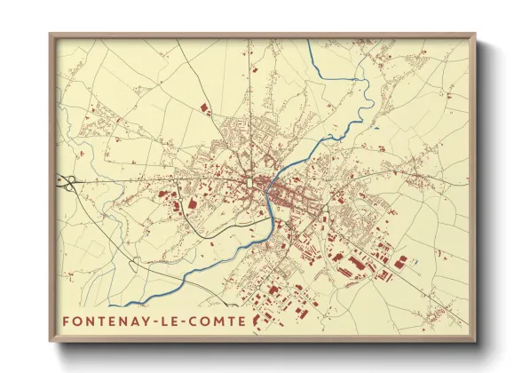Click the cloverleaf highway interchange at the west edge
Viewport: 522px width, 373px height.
(x=67, y=182)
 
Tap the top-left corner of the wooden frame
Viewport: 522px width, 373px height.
(x=50, y=35)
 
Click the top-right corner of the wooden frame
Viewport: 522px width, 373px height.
(x=475, y=35)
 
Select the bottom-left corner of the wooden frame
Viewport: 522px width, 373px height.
(x=50, y=342)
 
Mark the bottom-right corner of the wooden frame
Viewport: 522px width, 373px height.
(x=475, y=342)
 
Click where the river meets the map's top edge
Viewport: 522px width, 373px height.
(x=308, y=41)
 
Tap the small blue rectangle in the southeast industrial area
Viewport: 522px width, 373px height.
(x=415, y=263)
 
